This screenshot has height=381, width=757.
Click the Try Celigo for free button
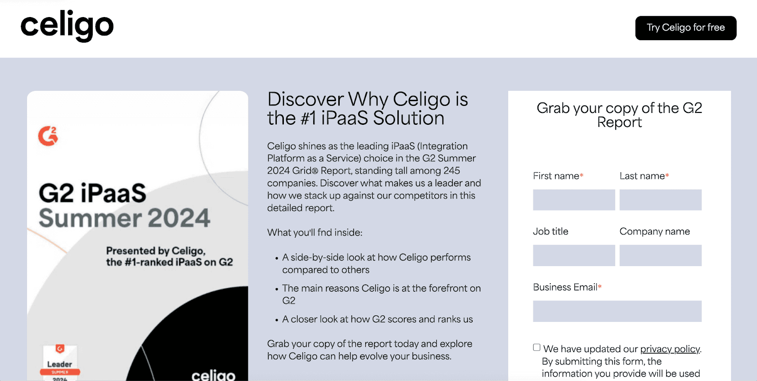pos(686,28)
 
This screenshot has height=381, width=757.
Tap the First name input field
pos(574,200)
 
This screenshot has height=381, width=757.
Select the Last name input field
pos(660,200)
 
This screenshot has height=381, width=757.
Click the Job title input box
pos(574,255)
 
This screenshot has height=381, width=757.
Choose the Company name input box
pos(660,255)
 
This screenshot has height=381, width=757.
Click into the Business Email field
pos(617,311)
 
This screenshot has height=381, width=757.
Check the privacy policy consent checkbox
pos(537,347)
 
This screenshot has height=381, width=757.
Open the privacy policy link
pos(670,349)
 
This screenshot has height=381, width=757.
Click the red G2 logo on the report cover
pos(48,136)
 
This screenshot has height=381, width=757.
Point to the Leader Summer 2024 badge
pos(60,363)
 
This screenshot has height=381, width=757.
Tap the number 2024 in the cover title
pos(179,218)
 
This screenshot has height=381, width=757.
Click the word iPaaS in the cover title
pos(113,193)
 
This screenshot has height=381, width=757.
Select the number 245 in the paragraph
pos(451,171)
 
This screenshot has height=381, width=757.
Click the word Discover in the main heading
pos(305,99)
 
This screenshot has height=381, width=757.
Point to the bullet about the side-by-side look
pos(376,263)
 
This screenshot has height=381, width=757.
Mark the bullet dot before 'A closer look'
pos(277,320)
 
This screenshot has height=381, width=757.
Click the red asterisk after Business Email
pos(600,287)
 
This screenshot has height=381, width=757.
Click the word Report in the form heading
pos(619,122)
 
